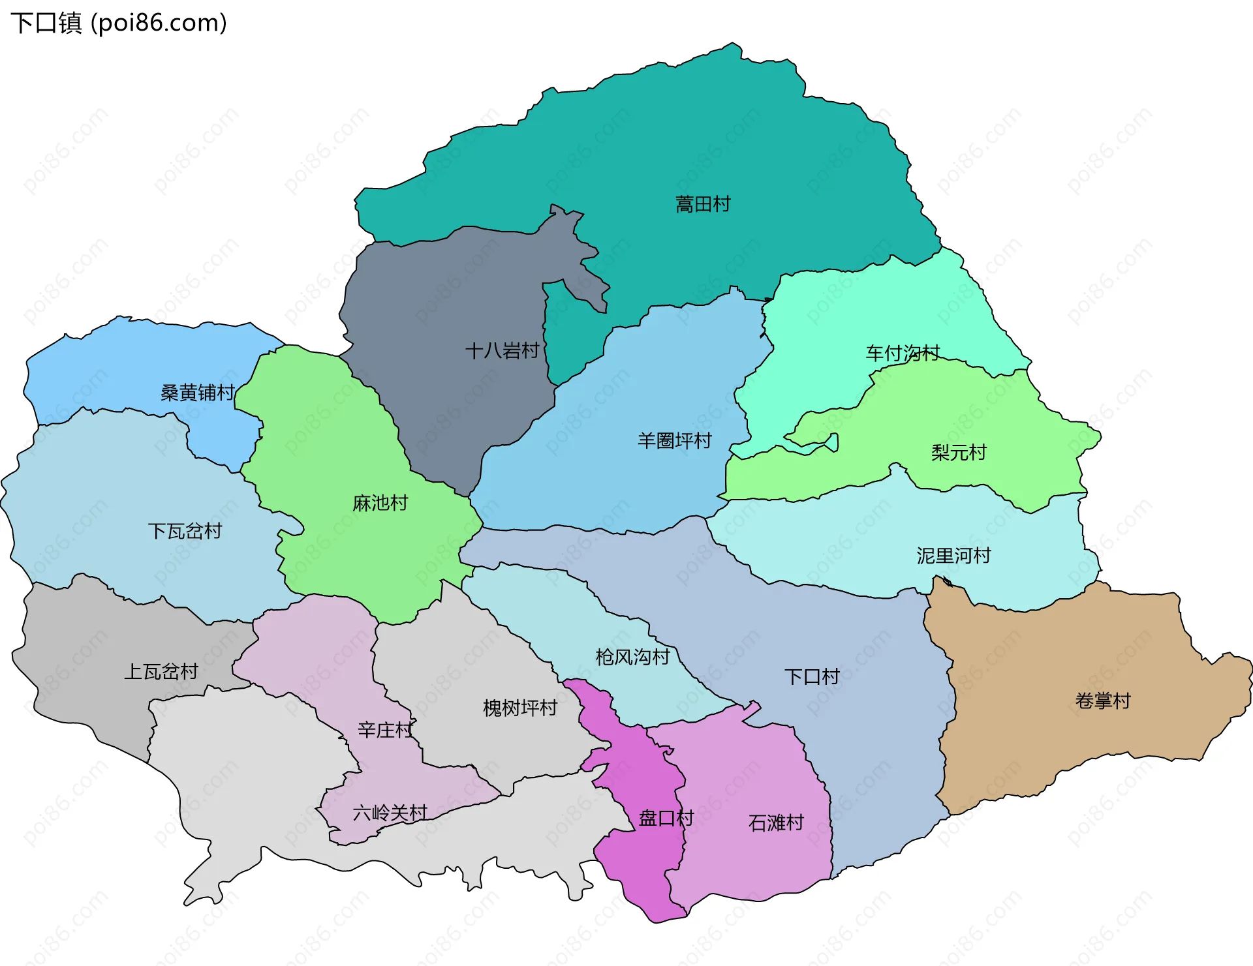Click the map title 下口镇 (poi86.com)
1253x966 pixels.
click(119, 23)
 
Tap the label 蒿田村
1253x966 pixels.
click(703, 204)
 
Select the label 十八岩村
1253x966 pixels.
click(502, 351)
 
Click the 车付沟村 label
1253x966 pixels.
click(903, 353)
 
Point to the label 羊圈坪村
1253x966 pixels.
click(674, 440)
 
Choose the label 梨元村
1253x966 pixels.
click(959, 452)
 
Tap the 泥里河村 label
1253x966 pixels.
click(953, 555)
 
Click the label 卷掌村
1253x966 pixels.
click(1103, 701)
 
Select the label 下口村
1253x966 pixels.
click(812, 676)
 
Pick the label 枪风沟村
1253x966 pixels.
click(632, 656)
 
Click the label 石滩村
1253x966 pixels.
click(776, 823)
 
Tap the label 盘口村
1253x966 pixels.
click(666, 818)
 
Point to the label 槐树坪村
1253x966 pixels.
click(520, 708)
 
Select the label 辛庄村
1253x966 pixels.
click(385, 729)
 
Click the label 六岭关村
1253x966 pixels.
click(390, 813)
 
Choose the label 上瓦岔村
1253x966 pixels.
click(161, 671)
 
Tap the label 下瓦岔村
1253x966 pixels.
click(185, 531)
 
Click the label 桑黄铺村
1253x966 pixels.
click(197, 392)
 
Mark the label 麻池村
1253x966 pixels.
click(380, 503)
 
